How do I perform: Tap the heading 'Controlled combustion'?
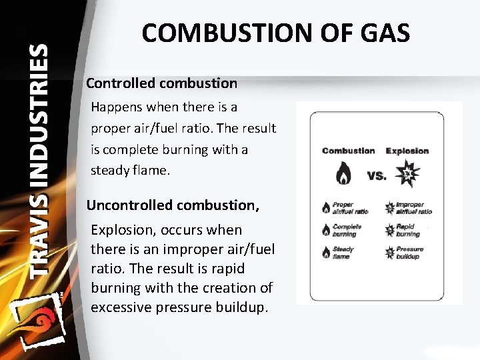161,83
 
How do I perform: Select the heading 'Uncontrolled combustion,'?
173,205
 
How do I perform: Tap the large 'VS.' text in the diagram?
377,176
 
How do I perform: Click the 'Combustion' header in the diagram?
348,151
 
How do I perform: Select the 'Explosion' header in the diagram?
407,151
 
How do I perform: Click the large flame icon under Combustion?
343,174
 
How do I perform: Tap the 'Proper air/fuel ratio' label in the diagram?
350,208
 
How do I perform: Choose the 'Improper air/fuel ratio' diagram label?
413,208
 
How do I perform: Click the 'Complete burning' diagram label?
347,230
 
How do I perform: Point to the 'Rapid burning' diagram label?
407,230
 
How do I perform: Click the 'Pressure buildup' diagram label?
409,253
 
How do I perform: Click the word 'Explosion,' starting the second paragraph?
116,230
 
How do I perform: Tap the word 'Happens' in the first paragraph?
116,107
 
